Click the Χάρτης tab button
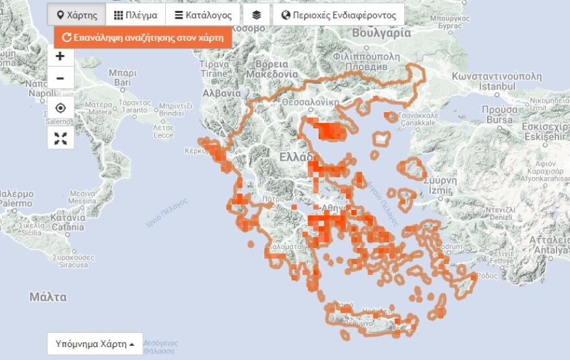coord(76,15)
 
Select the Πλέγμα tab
coord(135,15)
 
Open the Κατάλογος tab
coord(203,15)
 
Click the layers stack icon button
coord(256,15)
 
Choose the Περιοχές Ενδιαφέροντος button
coord(339,15)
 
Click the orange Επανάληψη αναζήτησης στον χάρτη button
coord(143,38)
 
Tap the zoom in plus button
coord(60,56)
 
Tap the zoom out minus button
coord(60,78)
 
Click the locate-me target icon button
coord(60,107)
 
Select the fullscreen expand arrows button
coord(60,137)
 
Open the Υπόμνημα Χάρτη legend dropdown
coord(95,344)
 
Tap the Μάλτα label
coord(48,297)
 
